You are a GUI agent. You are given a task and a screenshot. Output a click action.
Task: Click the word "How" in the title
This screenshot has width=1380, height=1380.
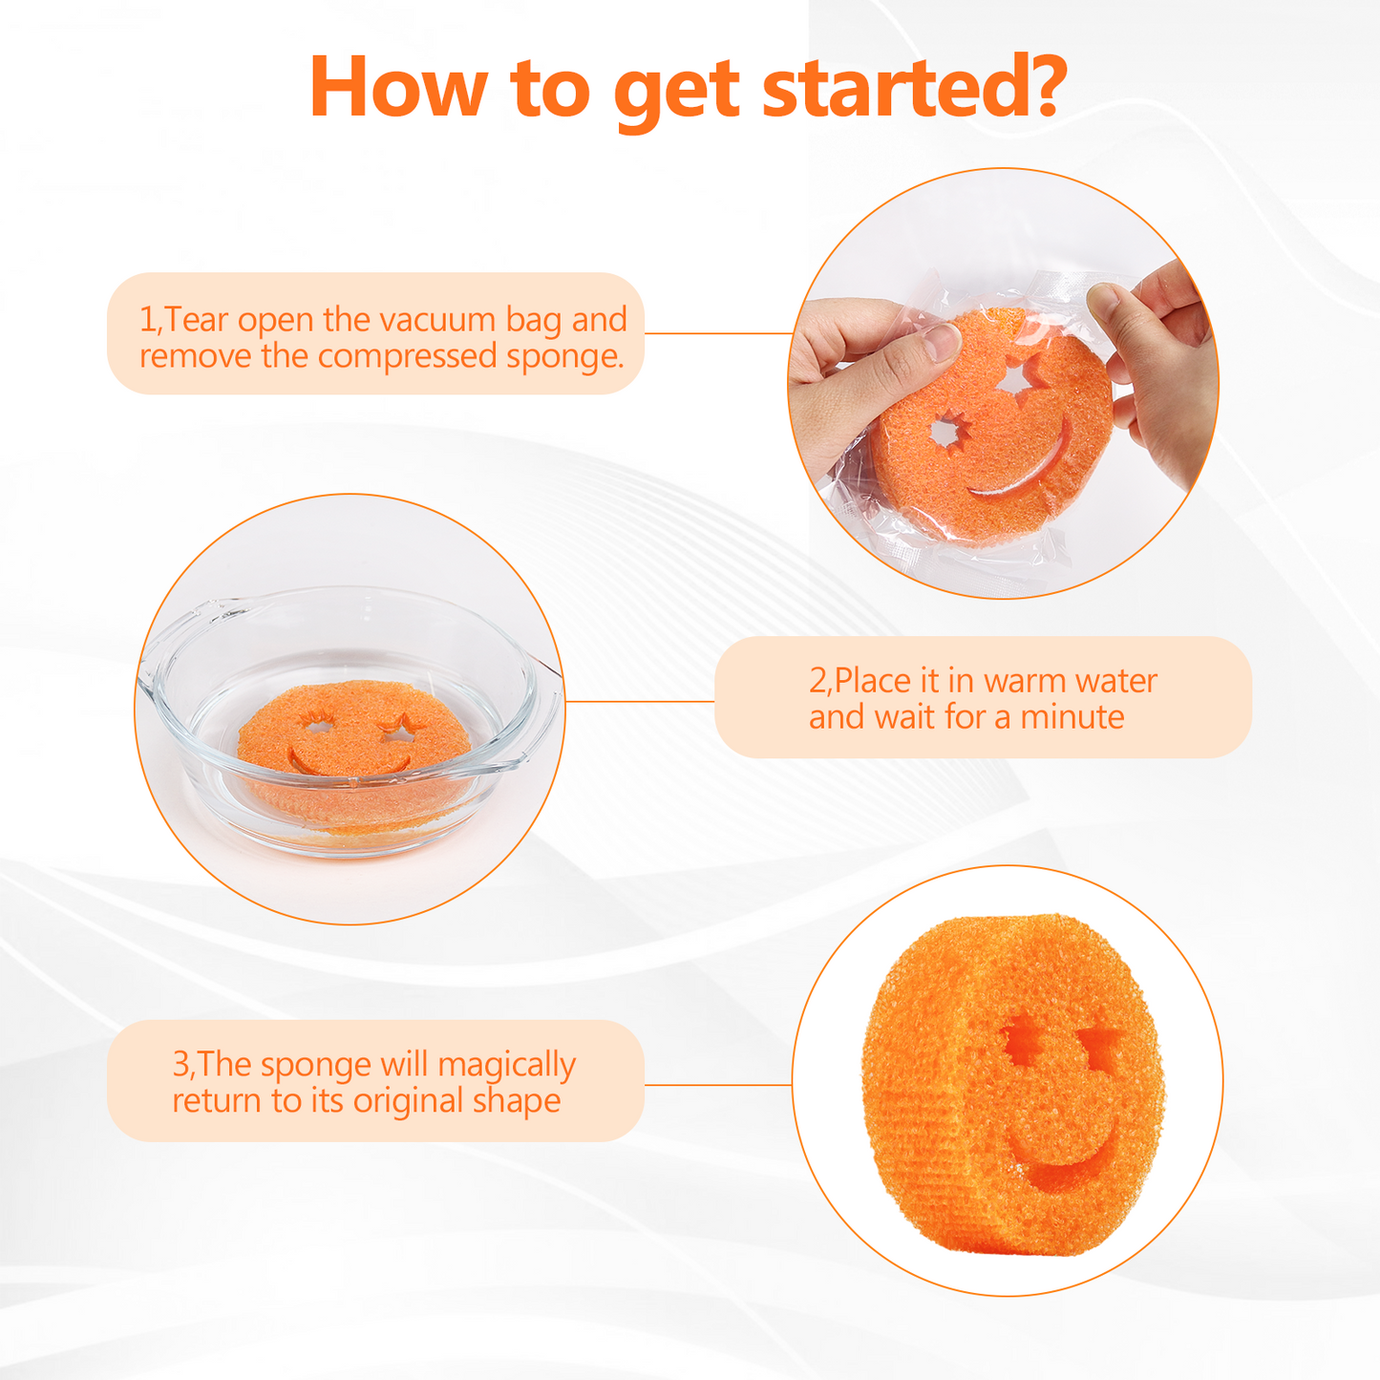(398, 87)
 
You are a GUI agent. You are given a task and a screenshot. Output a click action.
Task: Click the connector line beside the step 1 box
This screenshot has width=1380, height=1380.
(718, 333)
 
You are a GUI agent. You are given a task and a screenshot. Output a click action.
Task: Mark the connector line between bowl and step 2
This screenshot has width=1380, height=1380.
(640, 701)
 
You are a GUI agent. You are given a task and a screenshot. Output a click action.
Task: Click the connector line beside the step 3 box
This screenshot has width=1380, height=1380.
(717, 1084)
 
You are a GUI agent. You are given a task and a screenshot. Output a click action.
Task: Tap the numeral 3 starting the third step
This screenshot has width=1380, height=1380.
(181, 1065)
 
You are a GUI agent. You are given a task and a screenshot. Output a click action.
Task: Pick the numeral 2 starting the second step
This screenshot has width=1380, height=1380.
(817, 680)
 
